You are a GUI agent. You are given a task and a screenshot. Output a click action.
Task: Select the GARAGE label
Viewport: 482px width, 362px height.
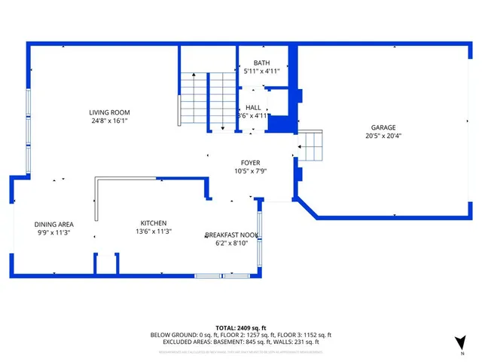pyautogui.click(x=383, y=127)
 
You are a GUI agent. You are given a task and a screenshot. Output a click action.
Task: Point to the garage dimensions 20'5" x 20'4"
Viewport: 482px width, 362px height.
pyautogui.click(x=383, y=137)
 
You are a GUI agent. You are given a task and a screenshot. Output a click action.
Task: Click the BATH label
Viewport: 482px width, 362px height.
pyautogui.click(x=261, y=63)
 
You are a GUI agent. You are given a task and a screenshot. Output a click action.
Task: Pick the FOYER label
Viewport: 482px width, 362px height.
pyautogui.click(x=250, y=162)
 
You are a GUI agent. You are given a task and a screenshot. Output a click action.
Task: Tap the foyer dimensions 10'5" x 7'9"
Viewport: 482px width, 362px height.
pyautogui.click(x=250, y=170)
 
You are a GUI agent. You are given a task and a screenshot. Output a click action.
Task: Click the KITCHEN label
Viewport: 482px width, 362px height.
pyautogui.click(x=153, y=223)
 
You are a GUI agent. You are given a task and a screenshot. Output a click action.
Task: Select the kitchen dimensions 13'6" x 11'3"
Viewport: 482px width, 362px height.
pyautogui.click(x=153, y=232)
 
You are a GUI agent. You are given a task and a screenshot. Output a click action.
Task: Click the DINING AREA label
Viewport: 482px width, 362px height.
pyautogui.click(x=53, y=224)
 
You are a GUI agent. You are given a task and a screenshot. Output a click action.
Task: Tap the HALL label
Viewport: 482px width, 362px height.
pyautogui.click(x=253, y=108)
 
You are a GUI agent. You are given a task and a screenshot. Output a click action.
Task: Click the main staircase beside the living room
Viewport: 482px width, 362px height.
pyautogui.click(x=207, y=98)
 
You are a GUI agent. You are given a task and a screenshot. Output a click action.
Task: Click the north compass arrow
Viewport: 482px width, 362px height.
pyautogui.click(x=460, y=342)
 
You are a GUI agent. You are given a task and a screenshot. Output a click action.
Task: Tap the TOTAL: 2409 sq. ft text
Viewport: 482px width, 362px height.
pyautogui.click(x=241, y=327)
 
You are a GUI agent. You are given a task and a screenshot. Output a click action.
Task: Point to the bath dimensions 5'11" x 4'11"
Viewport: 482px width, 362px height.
pyautogui.click(x=261, y=71)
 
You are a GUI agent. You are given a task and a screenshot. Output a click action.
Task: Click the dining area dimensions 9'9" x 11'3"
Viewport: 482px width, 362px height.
pyautogui.click(x=53, y=232)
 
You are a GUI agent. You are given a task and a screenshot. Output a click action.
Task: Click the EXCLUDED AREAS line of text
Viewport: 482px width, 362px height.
pyautogui.click(x=241, y=342)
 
